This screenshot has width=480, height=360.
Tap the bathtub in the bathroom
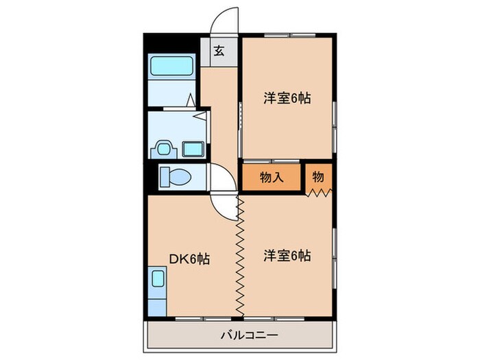pos(173,67)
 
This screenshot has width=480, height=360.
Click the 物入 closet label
pos(272,178)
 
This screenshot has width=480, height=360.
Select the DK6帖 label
pos(189,259)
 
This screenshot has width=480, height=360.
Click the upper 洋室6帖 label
pos(287,98)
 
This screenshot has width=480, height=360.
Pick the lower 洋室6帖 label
pos(287,255)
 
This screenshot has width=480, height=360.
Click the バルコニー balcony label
pos(240,336)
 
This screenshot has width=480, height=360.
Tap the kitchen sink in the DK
pos(158,280)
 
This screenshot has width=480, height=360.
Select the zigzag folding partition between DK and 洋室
pos(240,257)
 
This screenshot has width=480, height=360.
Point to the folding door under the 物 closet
pos(318,193)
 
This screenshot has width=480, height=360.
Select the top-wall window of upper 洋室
pos(287,35)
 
